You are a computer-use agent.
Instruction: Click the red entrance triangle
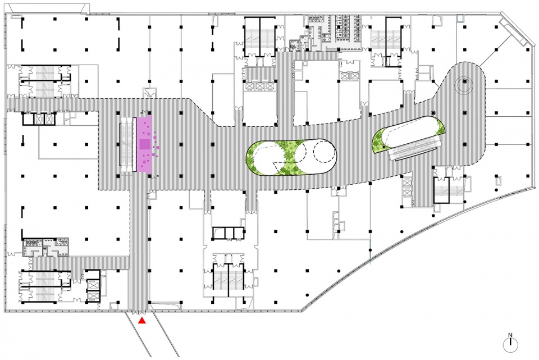(142, 321)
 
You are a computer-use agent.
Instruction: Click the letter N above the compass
(510, 335)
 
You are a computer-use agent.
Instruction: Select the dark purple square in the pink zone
(144, 144)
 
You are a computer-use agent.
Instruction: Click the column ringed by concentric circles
(464, 81)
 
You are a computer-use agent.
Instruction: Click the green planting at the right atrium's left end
(378, 140)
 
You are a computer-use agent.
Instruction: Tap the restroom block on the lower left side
(46, 247)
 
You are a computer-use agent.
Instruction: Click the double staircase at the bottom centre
(228, 277)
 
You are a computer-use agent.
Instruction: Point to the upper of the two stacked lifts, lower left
(93, 284)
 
